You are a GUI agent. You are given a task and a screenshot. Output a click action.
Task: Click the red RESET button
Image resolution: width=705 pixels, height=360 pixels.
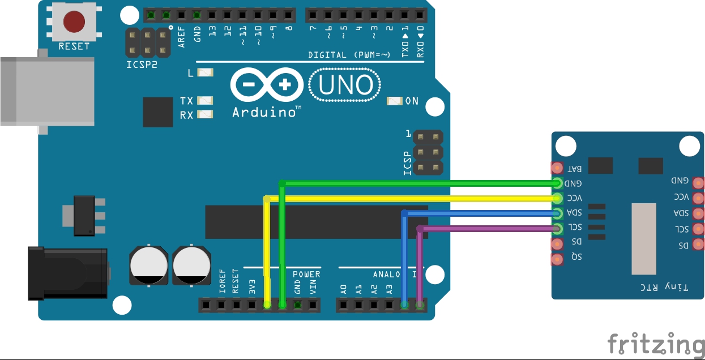(74, 22)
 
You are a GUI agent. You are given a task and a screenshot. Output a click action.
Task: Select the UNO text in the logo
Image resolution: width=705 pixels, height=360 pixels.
(345, 85)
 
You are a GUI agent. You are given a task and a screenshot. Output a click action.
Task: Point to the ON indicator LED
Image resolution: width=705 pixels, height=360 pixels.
(395, 101)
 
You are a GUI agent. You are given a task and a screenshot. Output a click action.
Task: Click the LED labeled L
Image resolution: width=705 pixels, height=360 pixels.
(205, 72)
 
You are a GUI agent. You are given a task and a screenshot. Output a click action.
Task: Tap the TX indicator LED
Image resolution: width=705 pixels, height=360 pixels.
(205, 101)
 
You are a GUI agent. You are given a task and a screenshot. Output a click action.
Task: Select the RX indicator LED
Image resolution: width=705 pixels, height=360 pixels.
(205, 115)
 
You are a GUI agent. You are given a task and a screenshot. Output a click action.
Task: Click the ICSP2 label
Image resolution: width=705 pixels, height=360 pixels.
(142, 65)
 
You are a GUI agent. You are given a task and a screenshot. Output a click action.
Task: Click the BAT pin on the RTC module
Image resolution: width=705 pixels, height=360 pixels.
(557, 168)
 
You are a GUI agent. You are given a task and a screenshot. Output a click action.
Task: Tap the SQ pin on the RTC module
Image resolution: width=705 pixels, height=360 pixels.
(557, 259)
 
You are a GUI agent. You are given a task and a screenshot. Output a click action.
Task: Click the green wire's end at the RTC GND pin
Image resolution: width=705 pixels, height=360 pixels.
(557, 183)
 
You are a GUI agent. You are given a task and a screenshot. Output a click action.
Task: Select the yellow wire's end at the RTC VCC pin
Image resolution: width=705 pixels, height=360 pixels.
(557, 198)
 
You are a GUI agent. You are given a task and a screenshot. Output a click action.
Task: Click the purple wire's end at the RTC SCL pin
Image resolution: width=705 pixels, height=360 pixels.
(557, 229)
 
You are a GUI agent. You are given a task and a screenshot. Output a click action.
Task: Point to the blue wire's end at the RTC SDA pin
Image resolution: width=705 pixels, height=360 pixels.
(557, 213)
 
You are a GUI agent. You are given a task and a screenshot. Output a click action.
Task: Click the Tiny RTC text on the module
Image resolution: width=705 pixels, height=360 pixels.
(664, 287)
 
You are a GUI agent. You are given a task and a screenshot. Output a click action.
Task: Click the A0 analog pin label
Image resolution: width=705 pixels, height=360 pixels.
(344, 288)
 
